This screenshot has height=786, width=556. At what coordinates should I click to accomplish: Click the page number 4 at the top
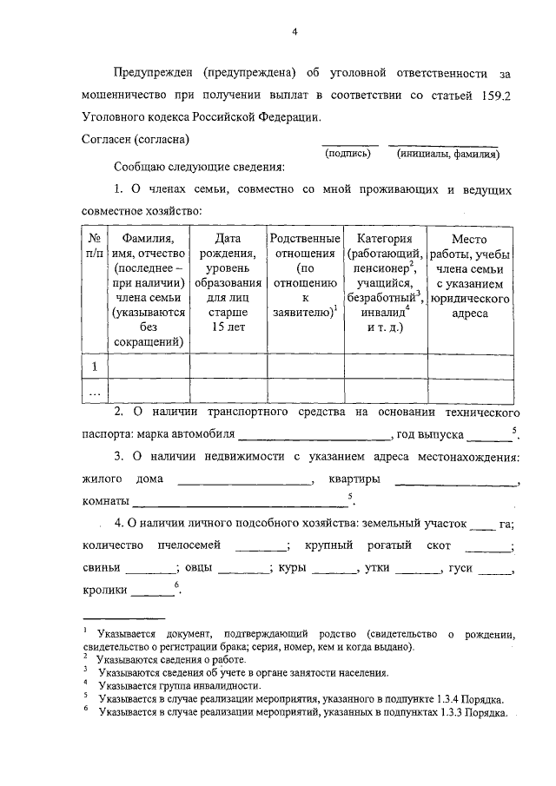[295, 32]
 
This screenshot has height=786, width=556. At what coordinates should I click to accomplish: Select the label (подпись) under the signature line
[347, 154]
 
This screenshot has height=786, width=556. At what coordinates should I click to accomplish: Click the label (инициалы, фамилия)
[447, 154]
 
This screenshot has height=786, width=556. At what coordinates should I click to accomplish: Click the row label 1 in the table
[94, 367]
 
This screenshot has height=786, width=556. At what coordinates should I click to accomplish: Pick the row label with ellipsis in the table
[94, 393]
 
